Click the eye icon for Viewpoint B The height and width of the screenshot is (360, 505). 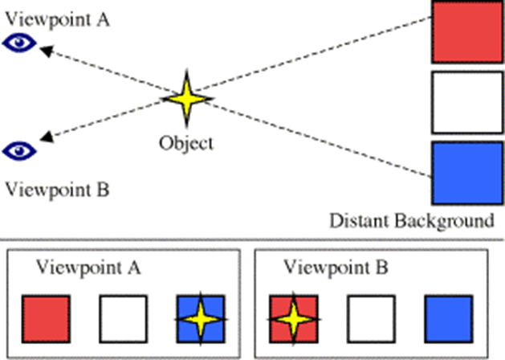click(18, 149)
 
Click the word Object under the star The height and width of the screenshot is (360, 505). click(186, 144)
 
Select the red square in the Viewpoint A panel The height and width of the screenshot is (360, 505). click(45, 318)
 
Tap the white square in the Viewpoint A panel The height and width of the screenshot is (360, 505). click(122, 318)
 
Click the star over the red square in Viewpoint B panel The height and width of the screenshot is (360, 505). click(292, 318)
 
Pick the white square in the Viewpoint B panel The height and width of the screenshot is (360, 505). click(370, 318)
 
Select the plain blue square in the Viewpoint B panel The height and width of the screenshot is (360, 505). click(448, 318)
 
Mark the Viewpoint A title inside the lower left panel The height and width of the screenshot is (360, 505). click(88, 268)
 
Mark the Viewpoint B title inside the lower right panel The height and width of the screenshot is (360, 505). click(337, 268)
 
